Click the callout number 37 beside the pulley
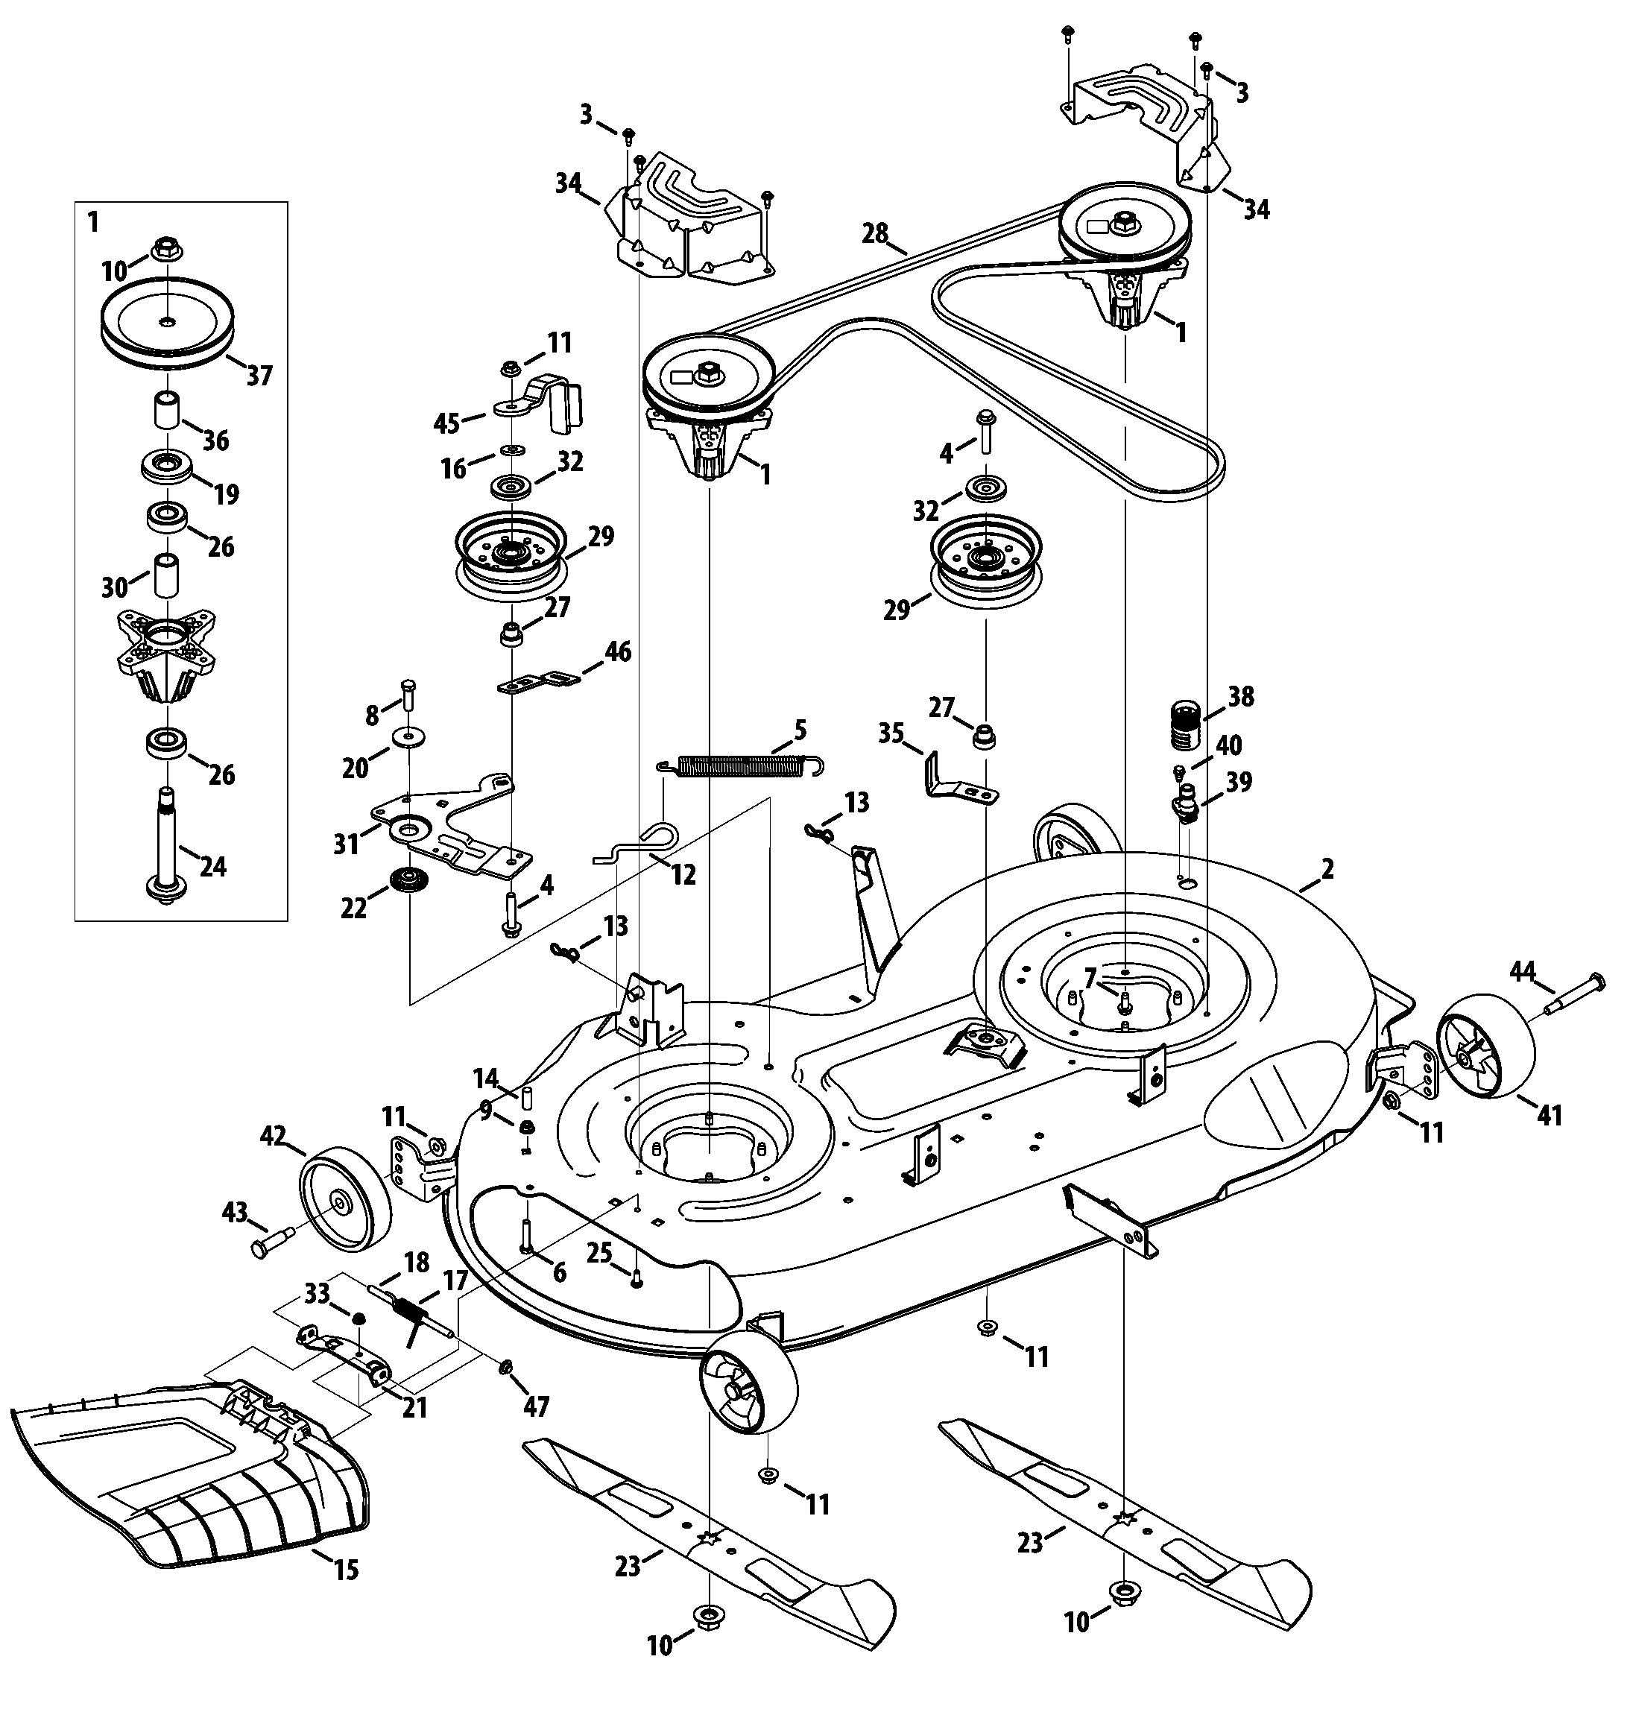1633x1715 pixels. click(259, 376)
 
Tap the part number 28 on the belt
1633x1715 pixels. click(875, 233)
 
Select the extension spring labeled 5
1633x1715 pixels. click(740, 765)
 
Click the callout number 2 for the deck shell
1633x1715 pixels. click(1327, 869)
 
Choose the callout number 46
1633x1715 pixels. click(618, 651)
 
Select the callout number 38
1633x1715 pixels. click(1240, 696)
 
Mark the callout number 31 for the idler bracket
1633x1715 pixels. click(347, 844)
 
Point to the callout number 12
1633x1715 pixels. click(683, 874)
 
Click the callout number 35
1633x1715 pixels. click(891, 733)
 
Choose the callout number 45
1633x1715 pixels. click(446, 423)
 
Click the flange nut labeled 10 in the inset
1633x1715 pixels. click(165, 249)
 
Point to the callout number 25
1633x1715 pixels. click(599, 1252)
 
